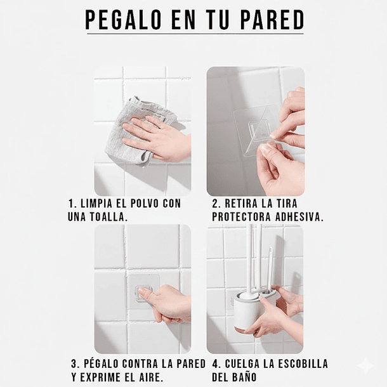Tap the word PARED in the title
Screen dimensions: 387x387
[272, 20]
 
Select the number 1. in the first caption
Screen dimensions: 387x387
[72, 204]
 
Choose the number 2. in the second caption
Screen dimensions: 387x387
[216, 204]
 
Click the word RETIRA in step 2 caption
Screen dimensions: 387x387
[245, 204]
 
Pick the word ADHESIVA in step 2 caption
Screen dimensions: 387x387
[298, 217]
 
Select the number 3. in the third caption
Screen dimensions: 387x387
[75, 364]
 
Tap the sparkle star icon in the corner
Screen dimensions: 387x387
[365, 365]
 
